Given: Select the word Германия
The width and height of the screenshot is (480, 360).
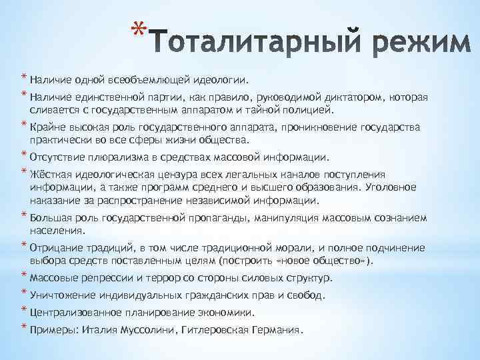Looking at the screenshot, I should pyautogui.click(x=276, y=330).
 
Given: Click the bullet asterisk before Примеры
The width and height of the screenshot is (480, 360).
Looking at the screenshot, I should pyautogui.click(x=23, y=327).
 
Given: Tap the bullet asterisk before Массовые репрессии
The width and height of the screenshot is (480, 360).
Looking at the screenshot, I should pyautogui.click(x=23, y=275).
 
